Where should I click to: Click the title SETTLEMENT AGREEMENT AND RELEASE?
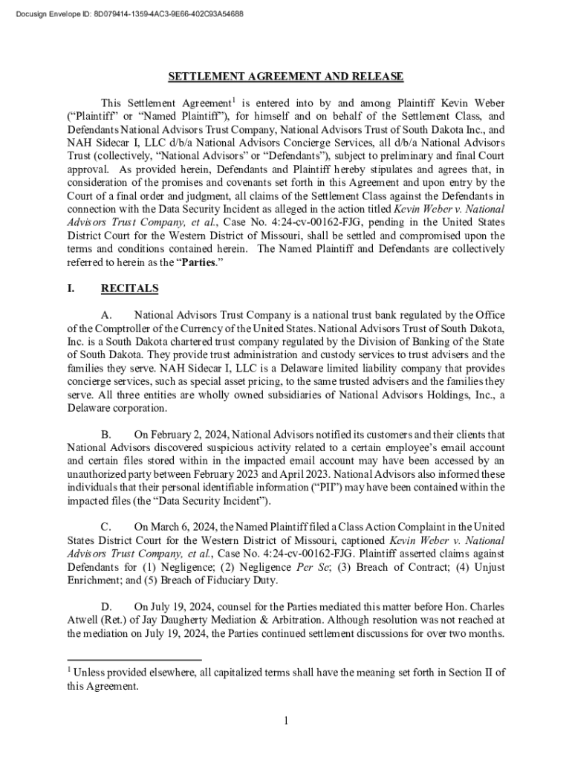pos(285,77)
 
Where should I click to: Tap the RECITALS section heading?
pos(129,288)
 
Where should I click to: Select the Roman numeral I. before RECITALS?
pos(71,288)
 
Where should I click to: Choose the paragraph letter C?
pos(107,527)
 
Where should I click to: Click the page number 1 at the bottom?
pos(285,720)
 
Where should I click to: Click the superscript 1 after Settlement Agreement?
pos(233,99)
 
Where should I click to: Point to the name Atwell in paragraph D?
pos(84,620)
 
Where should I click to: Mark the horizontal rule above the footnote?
pos(134,659)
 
